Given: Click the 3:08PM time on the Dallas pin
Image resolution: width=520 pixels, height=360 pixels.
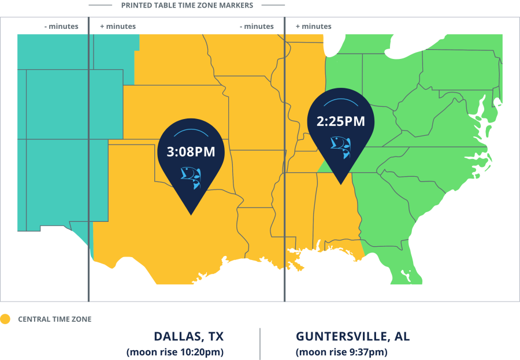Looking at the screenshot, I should point(191,152).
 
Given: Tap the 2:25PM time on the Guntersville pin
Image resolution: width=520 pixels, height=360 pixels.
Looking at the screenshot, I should point(340,121).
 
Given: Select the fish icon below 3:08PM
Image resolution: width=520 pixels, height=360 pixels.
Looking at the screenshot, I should point(190,176).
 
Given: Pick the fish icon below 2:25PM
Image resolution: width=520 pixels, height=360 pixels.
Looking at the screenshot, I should point(340,145).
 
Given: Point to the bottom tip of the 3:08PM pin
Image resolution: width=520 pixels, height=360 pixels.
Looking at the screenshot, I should point(191,215).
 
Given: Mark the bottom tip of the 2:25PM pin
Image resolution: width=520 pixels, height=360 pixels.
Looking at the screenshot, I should point(341,184).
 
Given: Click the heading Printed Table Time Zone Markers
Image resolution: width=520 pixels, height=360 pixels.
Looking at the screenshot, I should point(187,5).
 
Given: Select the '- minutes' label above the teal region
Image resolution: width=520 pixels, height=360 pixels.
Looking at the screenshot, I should point(61,27).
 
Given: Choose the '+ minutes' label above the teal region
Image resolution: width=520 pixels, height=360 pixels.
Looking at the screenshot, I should point(118,27).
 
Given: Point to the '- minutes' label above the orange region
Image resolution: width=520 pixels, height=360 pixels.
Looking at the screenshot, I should point(257,27).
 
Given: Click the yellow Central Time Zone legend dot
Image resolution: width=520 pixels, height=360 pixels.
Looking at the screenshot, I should point(5,319).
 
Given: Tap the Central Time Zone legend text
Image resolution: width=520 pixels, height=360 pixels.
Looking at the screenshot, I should point(54,319).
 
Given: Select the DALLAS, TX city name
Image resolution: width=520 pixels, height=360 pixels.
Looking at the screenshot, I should point(188,336).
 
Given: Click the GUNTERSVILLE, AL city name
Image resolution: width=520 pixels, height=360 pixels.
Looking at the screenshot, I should point(352,336).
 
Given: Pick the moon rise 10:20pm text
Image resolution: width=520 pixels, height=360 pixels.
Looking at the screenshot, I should point(174,352).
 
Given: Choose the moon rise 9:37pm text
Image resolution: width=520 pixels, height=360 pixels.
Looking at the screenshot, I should point(341,352).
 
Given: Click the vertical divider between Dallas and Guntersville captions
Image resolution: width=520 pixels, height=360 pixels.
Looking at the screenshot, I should point(260,343).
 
